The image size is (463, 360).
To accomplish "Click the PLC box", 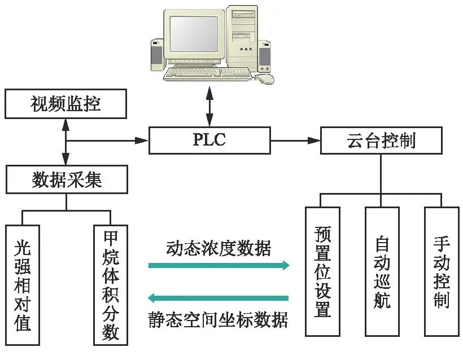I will coord(209,140).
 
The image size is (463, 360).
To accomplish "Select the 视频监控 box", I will coord(66,103).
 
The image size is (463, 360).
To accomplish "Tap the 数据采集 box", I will coord(66,179).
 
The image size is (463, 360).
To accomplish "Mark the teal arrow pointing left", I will coord(218,297).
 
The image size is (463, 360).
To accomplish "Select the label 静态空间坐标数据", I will coord(218,319).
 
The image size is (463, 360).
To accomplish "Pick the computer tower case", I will coord(242,39).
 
